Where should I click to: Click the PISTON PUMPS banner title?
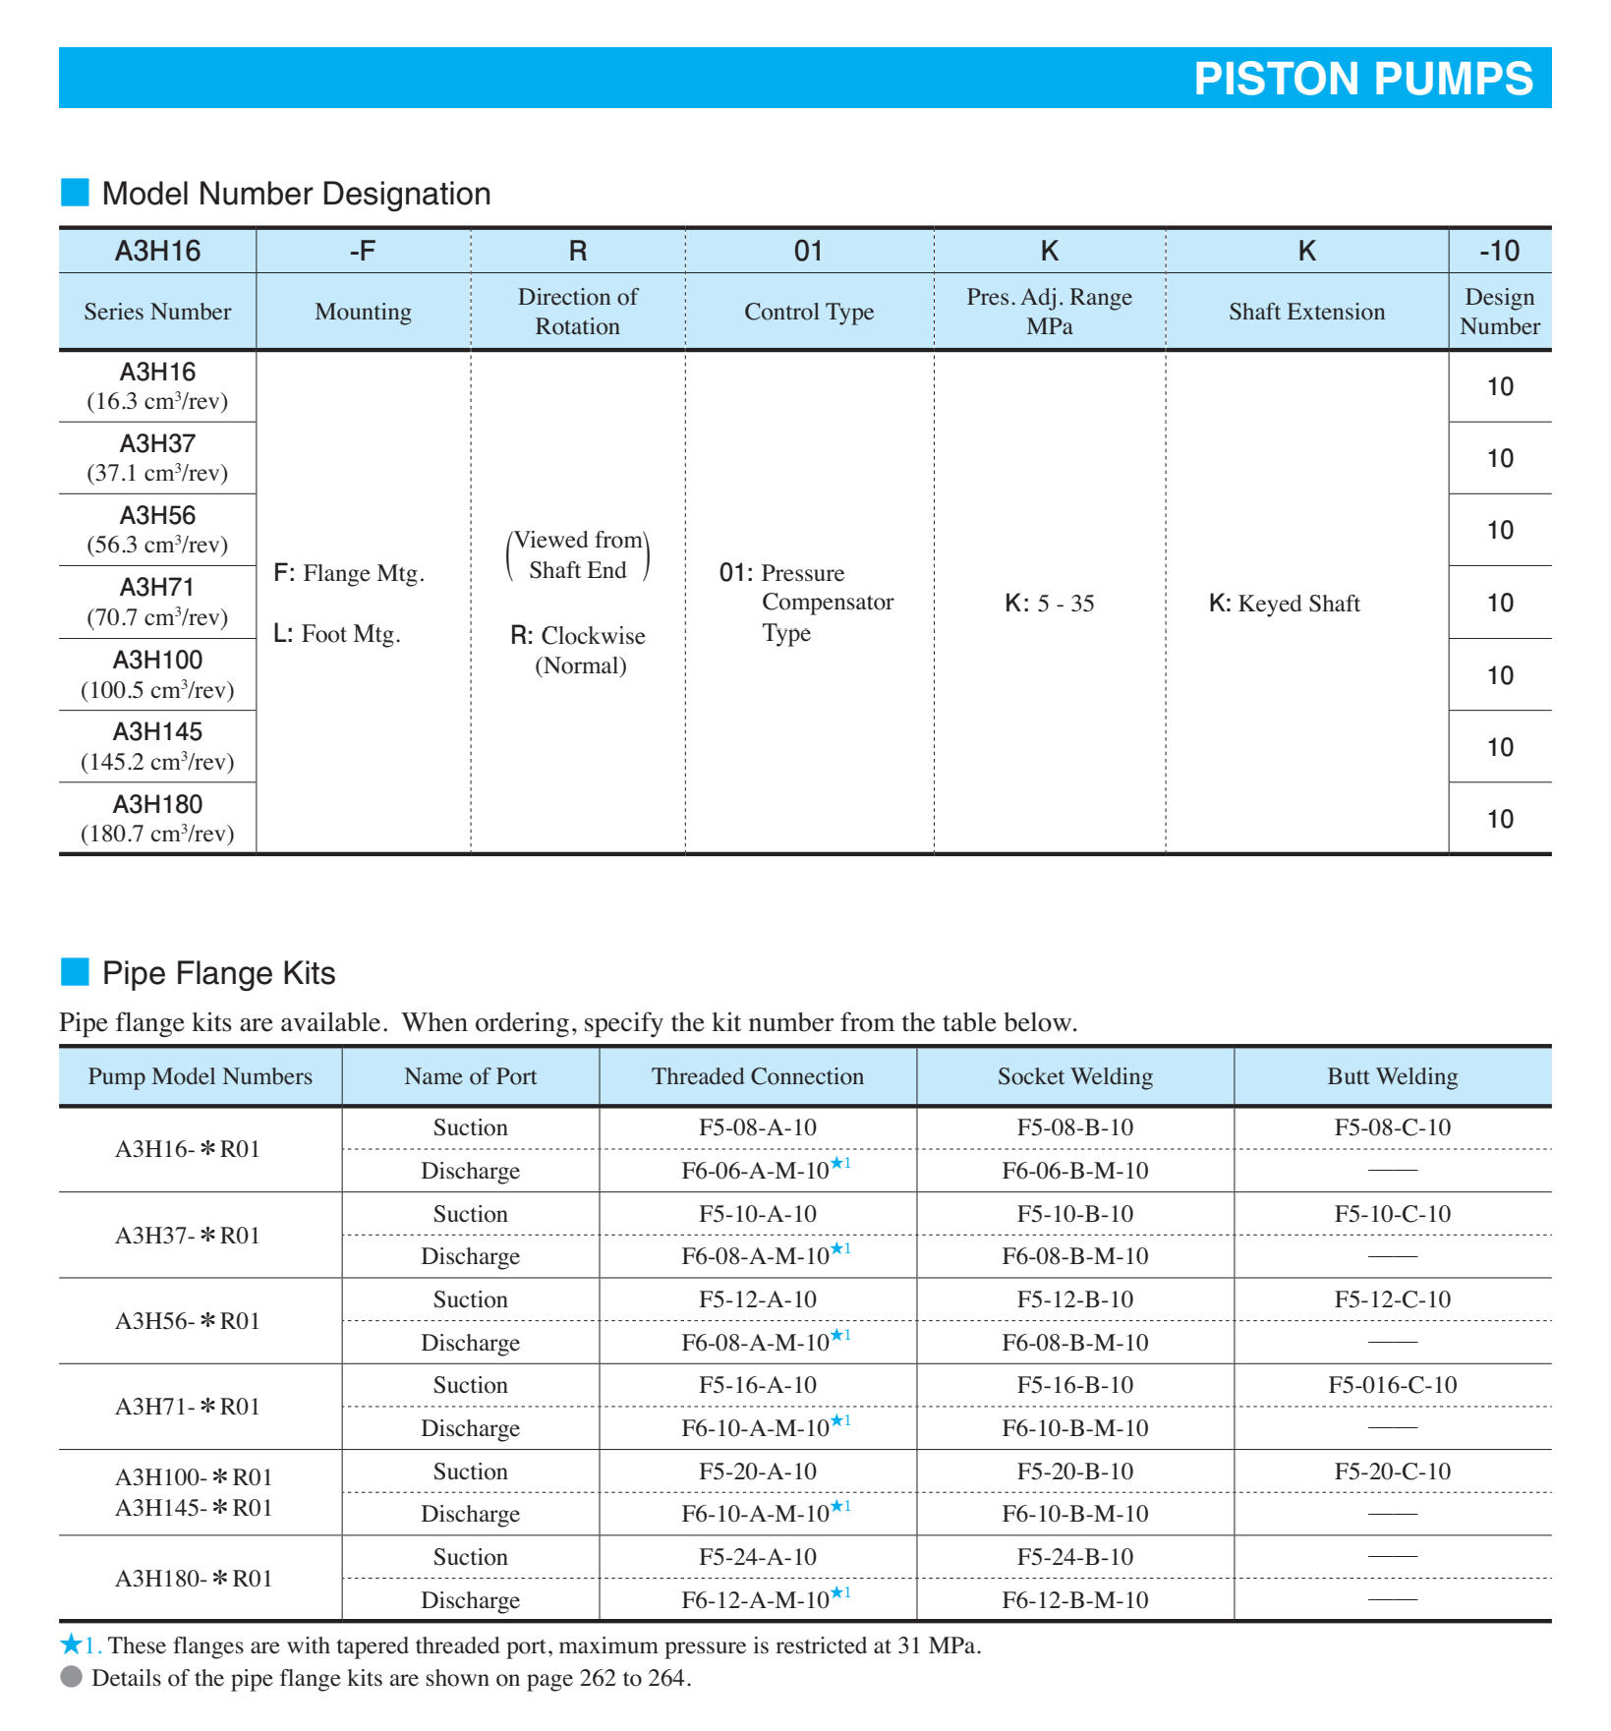click(x=1362, y=79)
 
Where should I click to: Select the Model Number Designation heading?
click(x=296, y=194)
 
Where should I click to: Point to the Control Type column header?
click(x=809, y=312)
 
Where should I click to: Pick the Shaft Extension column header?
click(x=1306, y=312)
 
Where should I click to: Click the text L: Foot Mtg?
click(x=337, y=634)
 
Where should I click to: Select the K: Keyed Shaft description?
click(x=1284, y=604)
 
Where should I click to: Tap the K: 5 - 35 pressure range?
click(x=1049, y=604)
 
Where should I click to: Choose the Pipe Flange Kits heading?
click(x=218, y=973)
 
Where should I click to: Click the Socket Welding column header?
click(x=1075, y=1076)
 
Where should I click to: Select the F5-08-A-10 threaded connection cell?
click(x=757, y=1127)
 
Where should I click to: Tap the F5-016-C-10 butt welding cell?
click(x=1392, y=1385)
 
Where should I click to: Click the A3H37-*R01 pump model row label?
click(x=188, y=1236)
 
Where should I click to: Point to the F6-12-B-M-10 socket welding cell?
click(x=1075, y=1600)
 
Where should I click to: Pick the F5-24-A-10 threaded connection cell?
click(x=757, y=1557)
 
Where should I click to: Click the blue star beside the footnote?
click(x=71, y=1644)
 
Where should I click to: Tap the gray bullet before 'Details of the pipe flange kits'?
click(x=71, y=1677)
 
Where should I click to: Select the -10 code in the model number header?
click(x=1499, y=251)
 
